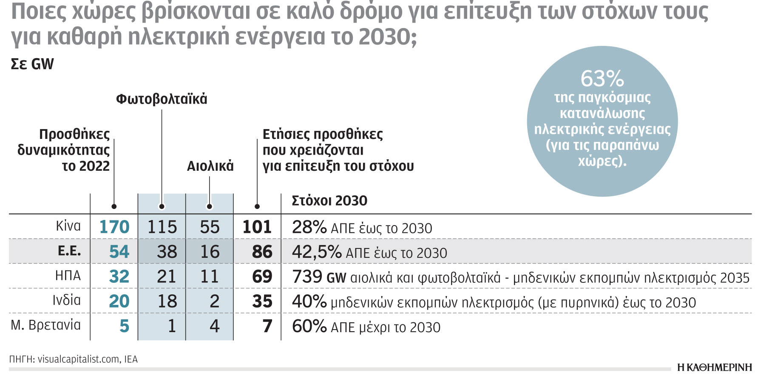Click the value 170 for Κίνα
(114, 227)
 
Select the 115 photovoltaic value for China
(162, 227)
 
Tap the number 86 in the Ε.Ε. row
(262, 252)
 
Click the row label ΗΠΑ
(68, 276)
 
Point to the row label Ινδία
(66, 300)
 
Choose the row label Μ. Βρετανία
(45, 325)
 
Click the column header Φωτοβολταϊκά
(162, 99)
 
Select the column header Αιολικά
(210, 166)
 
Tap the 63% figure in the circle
(602, 79)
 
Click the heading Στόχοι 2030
(329, 201)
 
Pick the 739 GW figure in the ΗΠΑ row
(319, 277)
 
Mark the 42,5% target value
(317, 252)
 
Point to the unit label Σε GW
(32, 64)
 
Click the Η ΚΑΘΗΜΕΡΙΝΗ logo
(714, 367)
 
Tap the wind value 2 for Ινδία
(215, 302)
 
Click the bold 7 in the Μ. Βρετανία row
(267, 326)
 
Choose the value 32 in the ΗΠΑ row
(119, 277)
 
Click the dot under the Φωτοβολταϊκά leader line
(162, 207)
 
